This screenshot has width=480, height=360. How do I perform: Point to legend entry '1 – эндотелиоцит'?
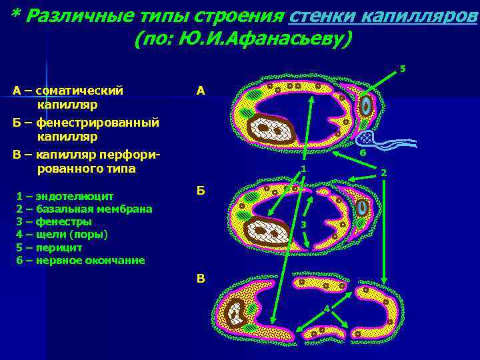[x=65, y=196]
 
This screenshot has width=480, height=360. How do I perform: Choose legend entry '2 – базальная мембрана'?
[x=84, y=209]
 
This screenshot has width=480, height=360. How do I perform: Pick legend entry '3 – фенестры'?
[x=54, y=221]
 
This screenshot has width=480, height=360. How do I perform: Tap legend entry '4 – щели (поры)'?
[x=61, y=234]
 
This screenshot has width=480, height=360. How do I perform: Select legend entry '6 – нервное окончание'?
[x=80, y=260]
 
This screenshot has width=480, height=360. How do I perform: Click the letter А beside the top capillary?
[x=201, y=90]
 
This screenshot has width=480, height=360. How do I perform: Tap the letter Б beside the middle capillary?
[x=201, y=191]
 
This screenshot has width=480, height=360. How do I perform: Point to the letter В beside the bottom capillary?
[x=201, y=279]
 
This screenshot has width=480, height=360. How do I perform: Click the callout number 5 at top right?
[x=402, y=68]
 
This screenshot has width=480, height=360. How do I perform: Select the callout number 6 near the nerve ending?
[x=362, y=153]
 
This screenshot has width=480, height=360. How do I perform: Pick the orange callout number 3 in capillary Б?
[x=302, y=225]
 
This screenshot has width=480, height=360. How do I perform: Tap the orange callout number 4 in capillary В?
[x=326, y=307]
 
